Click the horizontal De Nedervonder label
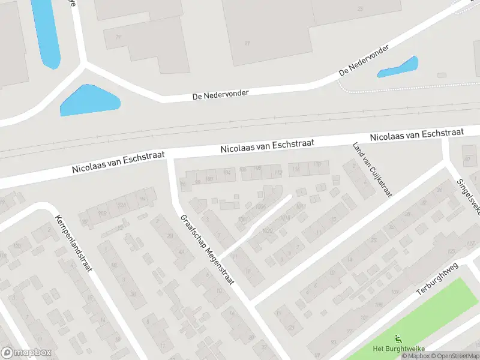220,94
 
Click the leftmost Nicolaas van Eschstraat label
118,162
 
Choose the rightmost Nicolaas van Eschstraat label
417,134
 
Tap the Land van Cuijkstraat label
373,170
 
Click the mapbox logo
26,353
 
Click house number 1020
266,230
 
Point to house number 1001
242,220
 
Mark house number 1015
284,217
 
